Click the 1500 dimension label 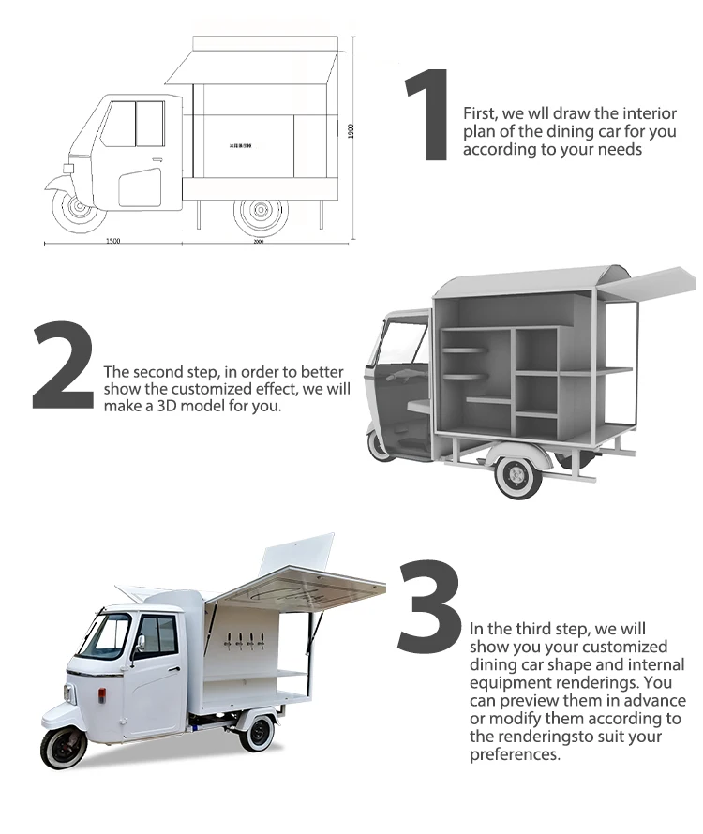point(112,242)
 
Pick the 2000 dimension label point(258,242)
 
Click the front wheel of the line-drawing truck point(76,209)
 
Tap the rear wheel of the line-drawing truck point(258,211)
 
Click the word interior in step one point(650,113)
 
